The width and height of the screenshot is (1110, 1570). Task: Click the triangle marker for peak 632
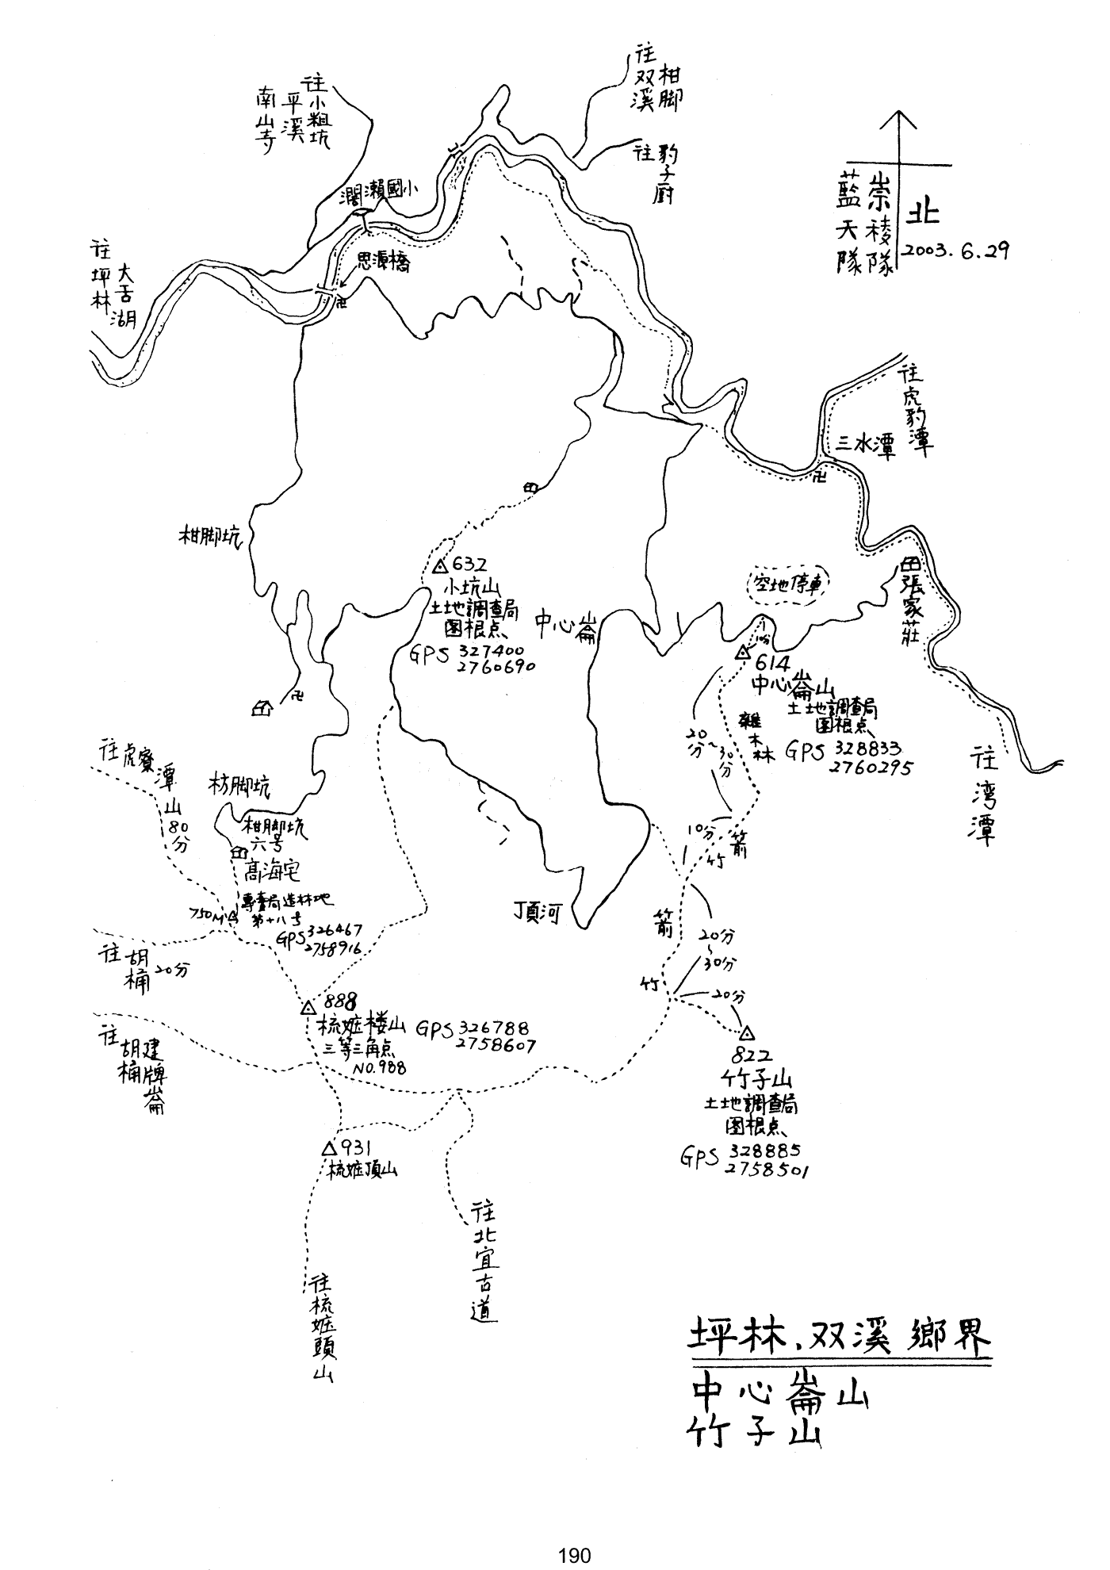(x=441, y=566)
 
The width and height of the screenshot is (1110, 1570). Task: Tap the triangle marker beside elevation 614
(x=742, y=653)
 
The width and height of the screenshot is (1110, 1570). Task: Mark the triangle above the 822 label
(x=746, y=1034)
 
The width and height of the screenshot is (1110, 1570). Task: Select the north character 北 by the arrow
(x=923, y=213)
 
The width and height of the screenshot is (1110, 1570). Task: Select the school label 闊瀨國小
(x=378, y=191)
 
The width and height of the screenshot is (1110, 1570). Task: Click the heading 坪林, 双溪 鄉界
(x=839, y=1338)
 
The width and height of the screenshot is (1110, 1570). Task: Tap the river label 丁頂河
(x=538, y=914)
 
